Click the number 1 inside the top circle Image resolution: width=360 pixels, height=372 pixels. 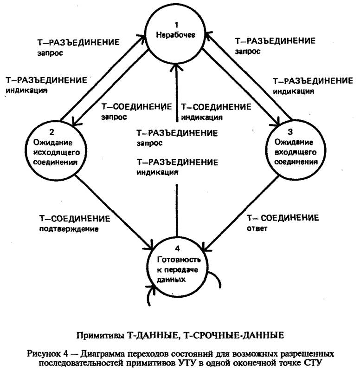click(x=177, y=23)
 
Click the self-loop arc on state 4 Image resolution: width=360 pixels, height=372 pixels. click(x=216, y=280)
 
